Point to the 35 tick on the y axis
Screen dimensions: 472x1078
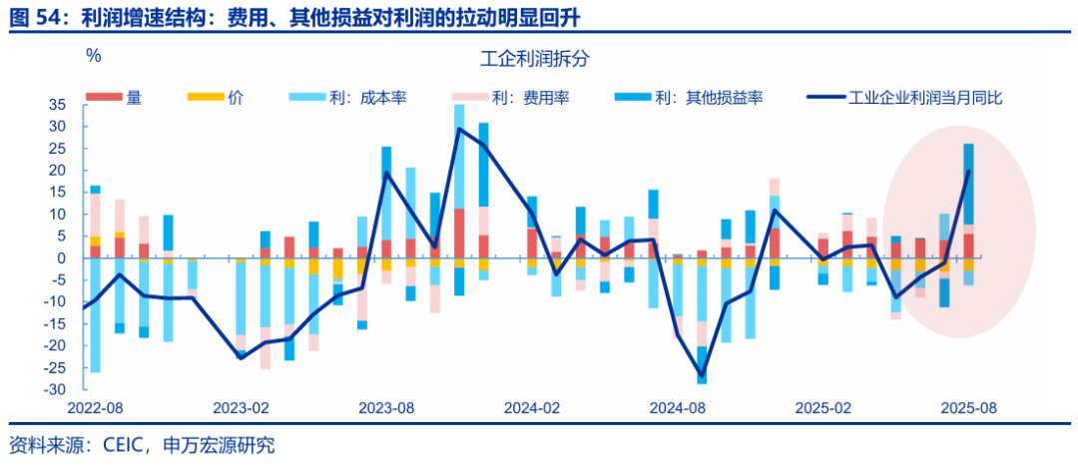[56, 105]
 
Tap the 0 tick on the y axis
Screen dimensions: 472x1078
[60, 257]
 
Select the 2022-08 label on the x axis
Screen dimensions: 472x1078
[95, 409]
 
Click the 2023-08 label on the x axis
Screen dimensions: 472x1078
[386, 409]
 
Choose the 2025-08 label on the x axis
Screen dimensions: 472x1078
[968, 409]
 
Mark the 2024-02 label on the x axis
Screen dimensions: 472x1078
[531, 409]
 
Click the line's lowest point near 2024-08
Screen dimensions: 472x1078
[702, 376]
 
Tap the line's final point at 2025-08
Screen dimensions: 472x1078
[968, 172]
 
